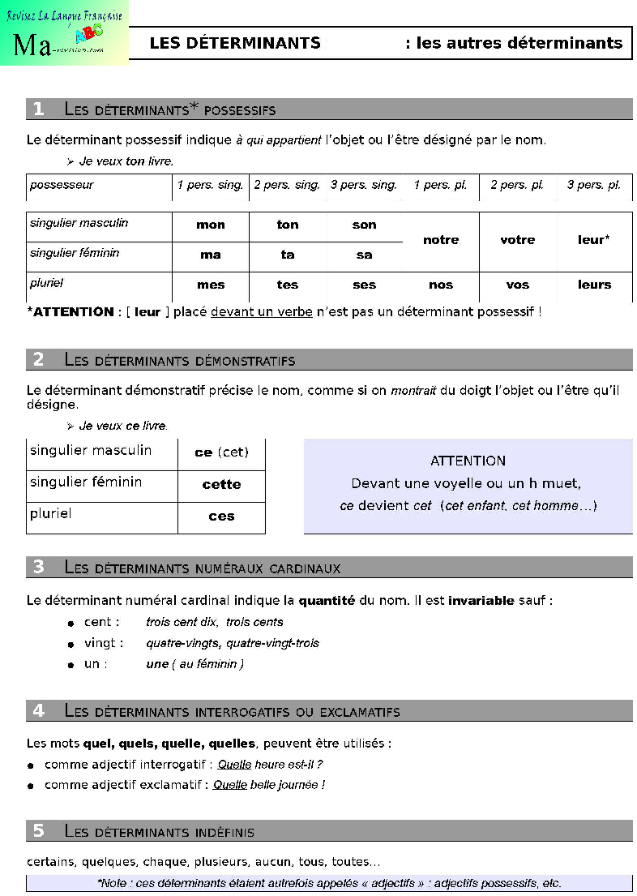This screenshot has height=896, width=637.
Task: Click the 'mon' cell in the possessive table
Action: (211, 225)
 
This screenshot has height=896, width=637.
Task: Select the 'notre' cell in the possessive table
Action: (441, 240)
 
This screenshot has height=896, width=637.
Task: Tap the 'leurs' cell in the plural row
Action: (594, 285)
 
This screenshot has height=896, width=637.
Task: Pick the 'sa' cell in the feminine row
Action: (365, 255)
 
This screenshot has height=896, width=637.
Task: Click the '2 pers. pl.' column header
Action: (517, 185)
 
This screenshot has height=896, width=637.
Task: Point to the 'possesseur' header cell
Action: (62, 185)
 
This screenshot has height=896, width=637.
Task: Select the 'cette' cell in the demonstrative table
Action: (221, 484)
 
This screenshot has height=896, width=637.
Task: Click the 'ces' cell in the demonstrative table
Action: (221, 516)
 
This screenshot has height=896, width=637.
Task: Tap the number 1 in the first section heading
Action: (38, 109)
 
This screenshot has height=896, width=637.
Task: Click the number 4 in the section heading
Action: (38, 711)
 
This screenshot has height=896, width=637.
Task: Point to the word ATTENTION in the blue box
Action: (468, 461)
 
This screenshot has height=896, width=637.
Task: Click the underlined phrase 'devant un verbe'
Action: (262, 311)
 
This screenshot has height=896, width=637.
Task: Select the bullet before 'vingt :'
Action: (72, 644)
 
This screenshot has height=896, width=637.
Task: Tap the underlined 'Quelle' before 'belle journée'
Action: (230, 785)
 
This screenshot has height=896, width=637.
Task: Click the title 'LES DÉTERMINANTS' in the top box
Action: (235, 43)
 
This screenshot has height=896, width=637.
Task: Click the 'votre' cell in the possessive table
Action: (518, 240)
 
